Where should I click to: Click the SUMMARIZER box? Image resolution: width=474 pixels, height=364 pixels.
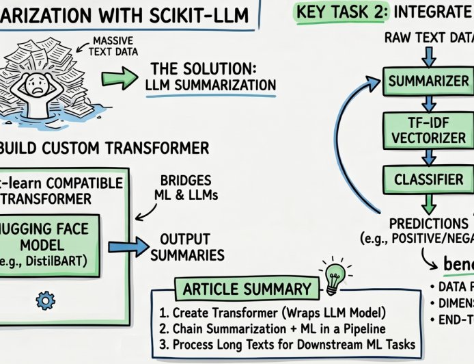click(428, 81)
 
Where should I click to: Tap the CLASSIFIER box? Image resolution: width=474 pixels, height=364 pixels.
click(428, 179)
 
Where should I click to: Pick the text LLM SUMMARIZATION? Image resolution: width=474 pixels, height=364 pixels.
click(210, 85)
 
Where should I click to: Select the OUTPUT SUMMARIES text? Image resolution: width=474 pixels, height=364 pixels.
click(187, 247)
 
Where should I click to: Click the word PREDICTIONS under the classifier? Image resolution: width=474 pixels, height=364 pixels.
click(428, 224)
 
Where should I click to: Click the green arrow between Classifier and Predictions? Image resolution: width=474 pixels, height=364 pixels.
click(428, 203)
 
